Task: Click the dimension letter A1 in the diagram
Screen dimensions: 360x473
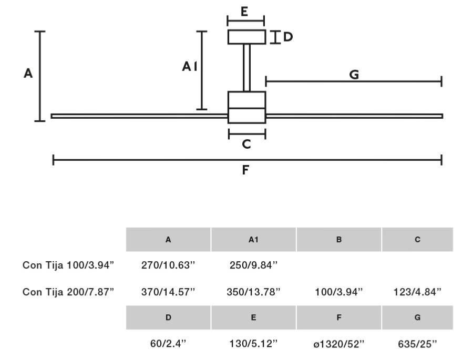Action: click(x=189, y=67)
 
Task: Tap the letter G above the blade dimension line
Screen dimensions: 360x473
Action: click(x=354, y=75)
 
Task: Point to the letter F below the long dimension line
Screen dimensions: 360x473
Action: click(x=245, y=170)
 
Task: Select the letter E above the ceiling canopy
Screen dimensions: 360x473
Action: click(x=245, y=12)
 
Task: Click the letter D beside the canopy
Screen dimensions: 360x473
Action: click(x=287, y=37)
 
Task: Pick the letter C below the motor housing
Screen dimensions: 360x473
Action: click(x=246, y=144)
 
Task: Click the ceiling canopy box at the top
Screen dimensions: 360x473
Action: click(x=246, y=37)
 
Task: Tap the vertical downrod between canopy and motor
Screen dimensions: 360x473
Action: click(x=246, y=67)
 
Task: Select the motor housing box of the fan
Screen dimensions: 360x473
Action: click(x=246, y=107)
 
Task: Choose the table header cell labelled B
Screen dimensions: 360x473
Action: click(x=339, y=240)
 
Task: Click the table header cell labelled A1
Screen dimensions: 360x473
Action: click(x=253, y=240)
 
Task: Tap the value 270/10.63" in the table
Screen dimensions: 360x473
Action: click(x=168, y=265)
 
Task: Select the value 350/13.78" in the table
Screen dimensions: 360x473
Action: click(x=253, y=292)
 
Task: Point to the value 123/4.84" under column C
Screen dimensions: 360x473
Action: click(x=417, y=292)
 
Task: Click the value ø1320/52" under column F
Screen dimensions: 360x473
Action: click(x=339, y=344)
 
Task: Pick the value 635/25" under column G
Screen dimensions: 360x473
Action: click(x=417, y=344)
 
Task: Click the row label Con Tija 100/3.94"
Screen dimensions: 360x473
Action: click(x=68, y=265)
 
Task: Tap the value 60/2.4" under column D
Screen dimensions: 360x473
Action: click(x=168, y=344)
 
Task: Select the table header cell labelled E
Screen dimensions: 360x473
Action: click(x=253, y=317)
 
